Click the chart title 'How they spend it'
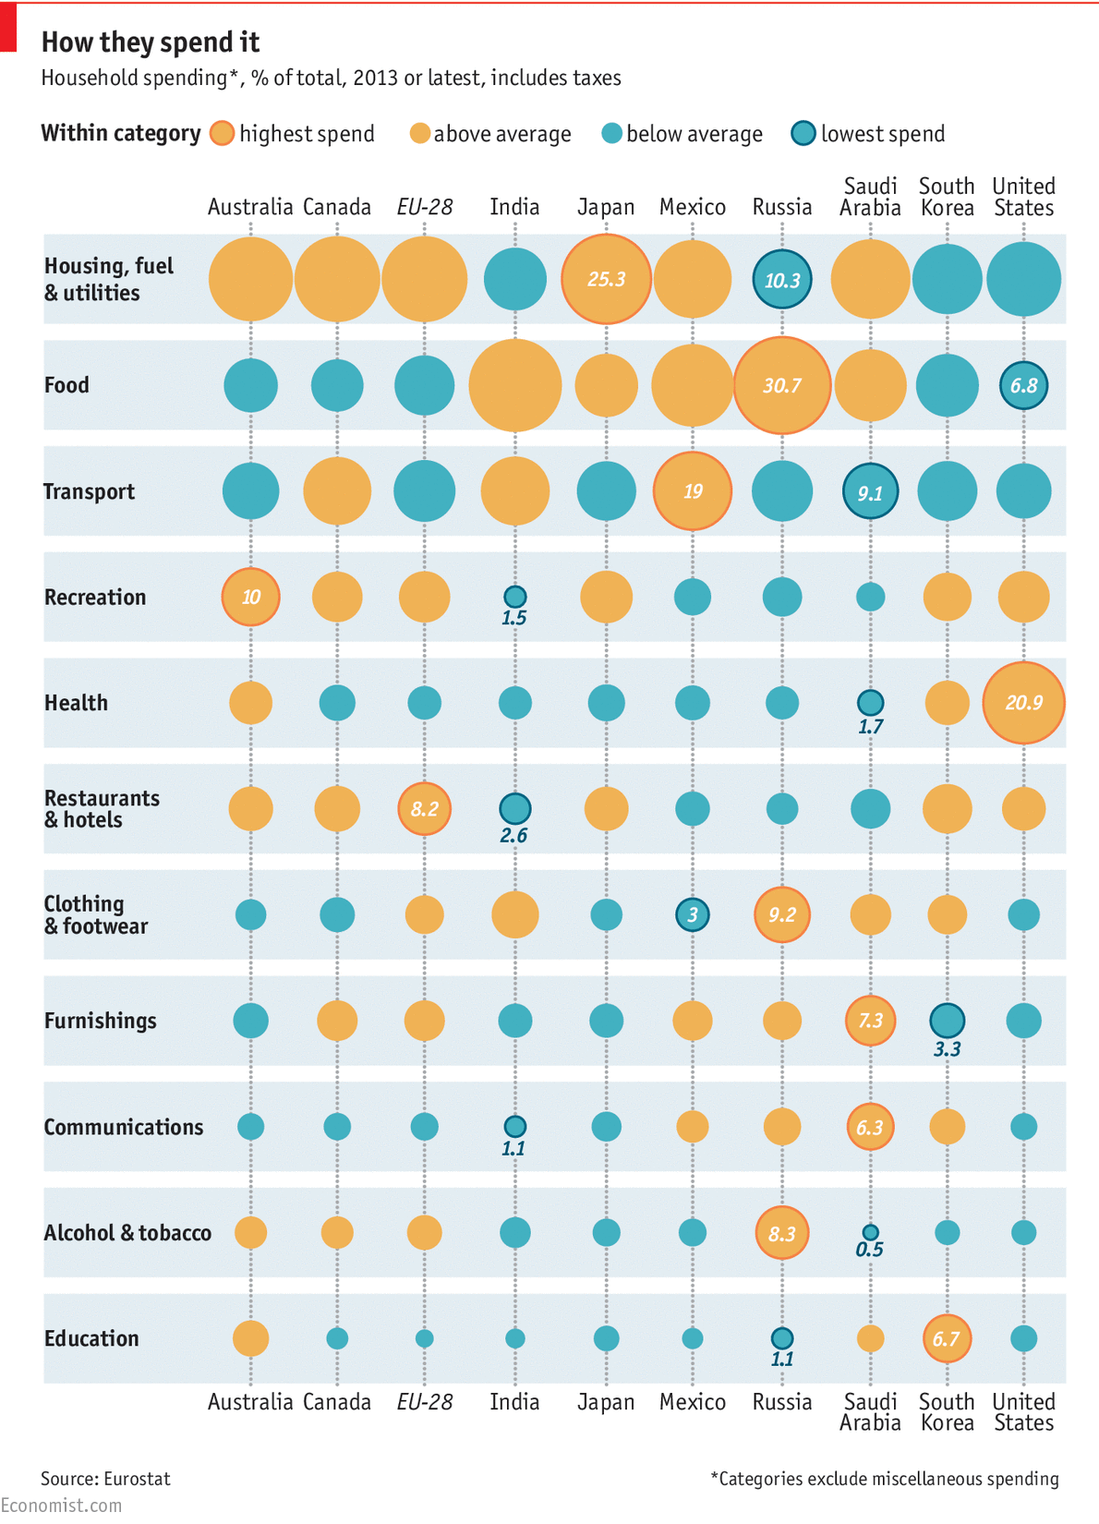click(151, 42)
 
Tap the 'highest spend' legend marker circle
click(222, 134)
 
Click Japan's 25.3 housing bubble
click(606, 279)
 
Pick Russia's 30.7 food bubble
click(781, 385)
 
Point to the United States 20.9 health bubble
click(1023, 703)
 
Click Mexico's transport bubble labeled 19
click(692, 491)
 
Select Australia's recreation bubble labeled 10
click(250, 597)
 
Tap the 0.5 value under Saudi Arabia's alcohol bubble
click(869, 1250)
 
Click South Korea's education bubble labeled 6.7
click(947, 1338)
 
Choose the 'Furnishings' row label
click(100, 1021)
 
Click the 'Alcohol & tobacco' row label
click(127, 1233)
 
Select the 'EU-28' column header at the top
click(424, 207)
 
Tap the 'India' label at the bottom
click(514, 1402)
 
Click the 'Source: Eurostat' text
click(105, 1479)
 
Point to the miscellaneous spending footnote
click(884, 1479)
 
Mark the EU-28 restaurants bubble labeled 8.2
click(424, 809)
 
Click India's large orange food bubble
click(514, 385)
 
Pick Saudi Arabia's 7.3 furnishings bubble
click(870, 1021)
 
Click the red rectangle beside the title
click(8, 28)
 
